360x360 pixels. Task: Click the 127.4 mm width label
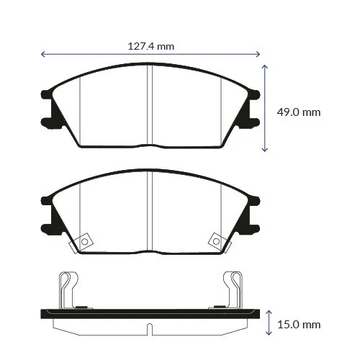coord(151,46)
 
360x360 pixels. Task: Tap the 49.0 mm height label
coord(299,112)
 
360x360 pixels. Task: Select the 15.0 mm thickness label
coord(299,325)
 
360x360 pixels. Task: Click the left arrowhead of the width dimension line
coord(42,54)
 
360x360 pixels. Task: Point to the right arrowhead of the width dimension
coord(258,54)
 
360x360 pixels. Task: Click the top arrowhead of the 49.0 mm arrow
coord(264,66)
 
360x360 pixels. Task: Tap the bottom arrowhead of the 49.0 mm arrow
coord(264,150)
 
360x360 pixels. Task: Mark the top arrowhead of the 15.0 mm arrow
coord(269,312)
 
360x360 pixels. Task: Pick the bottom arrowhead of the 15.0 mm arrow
coord(269,333)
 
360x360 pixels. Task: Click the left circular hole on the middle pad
coord(84,241)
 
